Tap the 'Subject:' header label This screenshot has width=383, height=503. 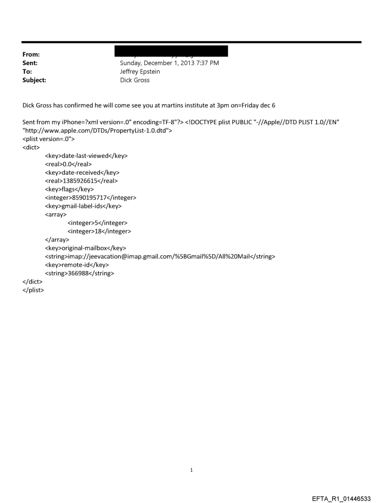click(x=33, y=80)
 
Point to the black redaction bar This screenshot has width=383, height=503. click(x=174, y=51)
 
